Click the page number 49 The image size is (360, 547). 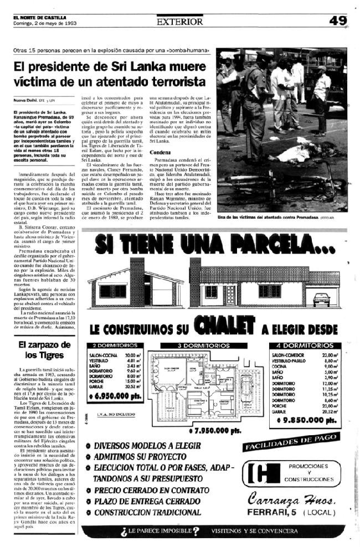click(337, 21)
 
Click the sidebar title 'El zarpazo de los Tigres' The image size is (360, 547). click(42, 350)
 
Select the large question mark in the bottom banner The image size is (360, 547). click(196, 531)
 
